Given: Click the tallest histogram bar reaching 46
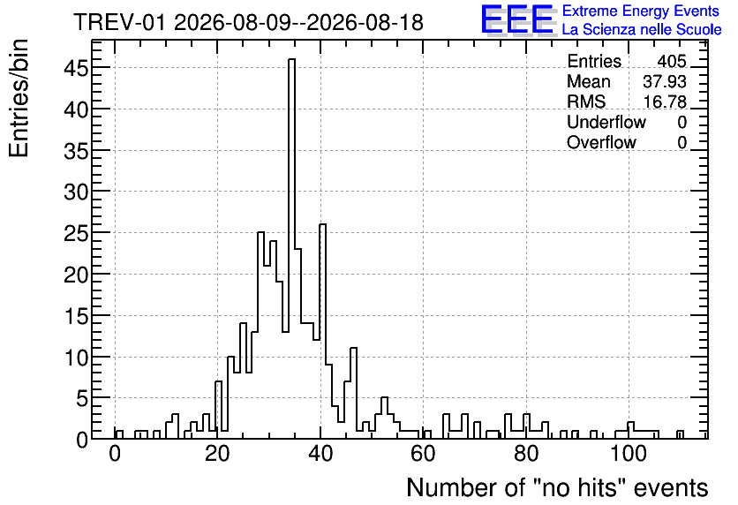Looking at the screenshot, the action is [x=292, y=248].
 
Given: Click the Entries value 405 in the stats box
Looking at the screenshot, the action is [x=672, y=62].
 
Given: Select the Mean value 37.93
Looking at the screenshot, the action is [x=665, y=82].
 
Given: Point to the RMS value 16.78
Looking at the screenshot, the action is [x=665, y=102].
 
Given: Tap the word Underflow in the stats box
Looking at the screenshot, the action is [x=606, y=123].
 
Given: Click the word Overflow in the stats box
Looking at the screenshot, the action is [x=601, y=143].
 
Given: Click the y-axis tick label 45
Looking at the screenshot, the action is [x=76, y=68].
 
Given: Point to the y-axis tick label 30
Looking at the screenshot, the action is [x=76, y=192].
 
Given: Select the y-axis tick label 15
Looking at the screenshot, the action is [x=76, y=316].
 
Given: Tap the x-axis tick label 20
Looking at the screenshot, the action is [x=217, y=454].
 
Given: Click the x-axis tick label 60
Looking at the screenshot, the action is [x=423, y=454].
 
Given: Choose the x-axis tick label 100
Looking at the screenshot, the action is [x=629, y=454].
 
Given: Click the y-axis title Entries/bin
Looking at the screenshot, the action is [x=19, y=98].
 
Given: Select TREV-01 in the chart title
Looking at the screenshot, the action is [x=120, y=22].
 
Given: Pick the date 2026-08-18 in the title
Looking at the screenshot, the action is [x=365, y=22].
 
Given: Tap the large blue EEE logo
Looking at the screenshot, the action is [x=518, y=20].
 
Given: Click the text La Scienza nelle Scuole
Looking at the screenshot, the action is [x=642, y=30].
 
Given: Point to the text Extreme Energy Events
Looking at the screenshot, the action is [x=641, y=11].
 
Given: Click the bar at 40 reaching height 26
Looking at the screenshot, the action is [x=323, y=331].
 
